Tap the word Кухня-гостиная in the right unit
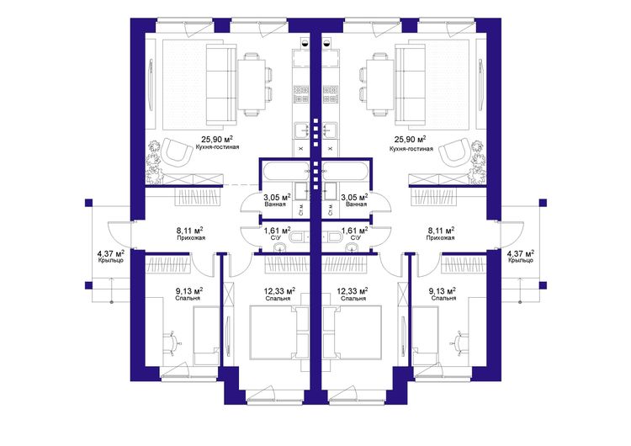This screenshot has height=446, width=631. [411, 149]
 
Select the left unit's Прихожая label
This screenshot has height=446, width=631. [191, 238]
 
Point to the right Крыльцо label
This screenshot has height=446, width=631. [520, 260]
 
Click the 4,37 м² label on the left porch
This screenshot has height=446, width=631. [110, 253]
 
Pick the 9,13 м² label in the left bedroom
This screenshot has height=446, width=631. [188, 291]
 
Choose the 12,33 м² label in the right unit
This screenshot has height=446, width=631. [353, 291]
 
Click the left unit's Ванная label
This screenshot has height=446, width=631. [275, 204]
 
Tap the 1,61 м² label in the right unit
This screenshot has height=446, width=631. [354, 231]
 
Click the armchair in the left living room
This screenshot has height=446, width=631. [177, 151]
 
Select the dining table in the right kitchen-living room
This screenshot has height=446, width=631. [379, 84]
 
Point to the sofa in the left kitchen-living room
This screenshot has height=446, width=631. [221, 85]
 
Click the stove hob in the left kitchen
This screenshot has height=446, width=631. [301, 94]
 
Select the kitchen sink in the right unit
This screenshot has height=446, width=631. [331, 130]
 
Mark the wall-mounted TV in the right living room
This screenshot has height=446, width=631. [480, 85]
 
